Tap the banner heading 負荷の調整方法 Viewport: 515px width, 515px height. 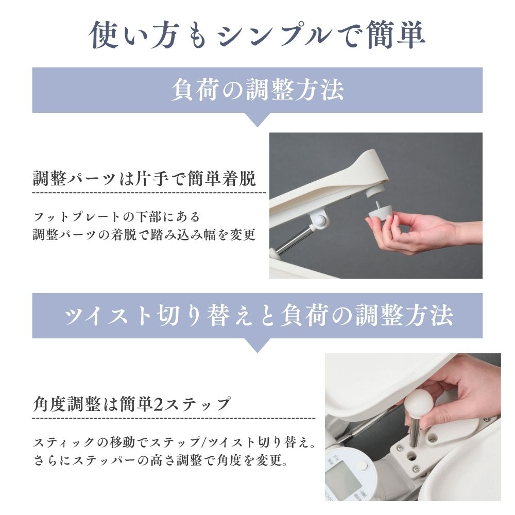pyautogui.click(x=257, y=90)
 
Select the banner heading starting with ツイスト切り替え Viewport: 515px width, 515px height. pyautogui.click(x=257, y=315)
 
